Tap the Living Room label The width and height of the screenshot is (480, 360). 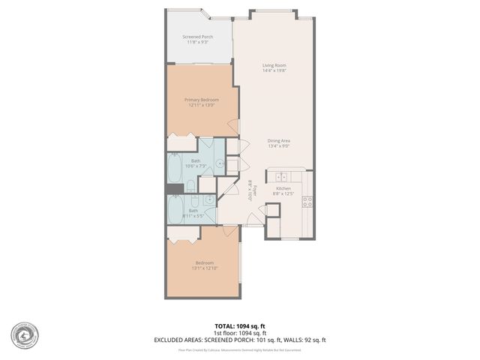(x=274, y=65)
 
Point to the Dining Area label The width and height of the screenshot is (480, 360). (x=279, y=140)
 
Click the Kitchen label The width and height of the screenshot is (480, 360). (x=283, y=188)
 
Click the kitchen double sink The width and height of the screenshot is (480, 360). (x=282, y=177)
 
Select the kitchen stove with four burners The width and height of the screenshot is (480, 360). (x=307, y=200)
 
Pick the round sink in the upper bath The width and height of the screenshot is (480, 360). (x=220, y=162)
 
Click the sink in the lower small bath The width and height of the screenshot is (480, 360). (x=209, y=200)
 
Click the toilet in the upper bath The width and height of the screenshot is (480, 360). (x=191, y=184)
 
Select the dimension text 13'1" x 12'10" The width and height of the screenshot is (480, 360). (x=202, y=268)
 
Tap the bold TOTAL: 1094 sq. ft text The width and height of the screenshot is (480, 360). (x=239, y=325)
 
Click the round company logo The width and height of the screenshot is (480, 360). (x=25, y=335)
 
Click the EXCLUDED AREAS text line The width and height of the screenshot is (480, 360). (x=239, y=340)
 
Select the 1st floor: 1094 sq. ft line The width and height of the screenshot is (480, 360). (x=239, y=333)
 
